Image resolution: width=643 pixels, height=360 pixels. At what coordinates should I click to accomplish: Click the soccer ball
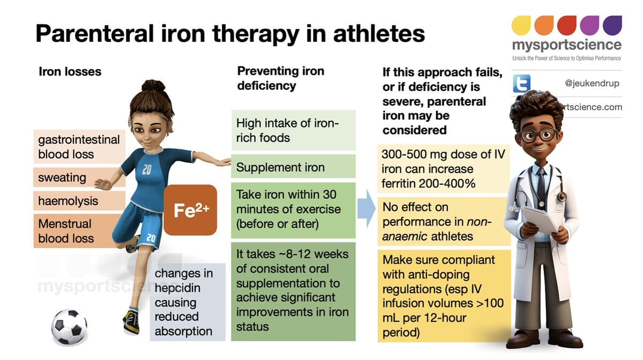click(69, 326)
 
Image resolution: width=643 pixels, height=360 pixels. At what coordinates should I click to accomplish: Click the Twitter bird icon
click(521, 84)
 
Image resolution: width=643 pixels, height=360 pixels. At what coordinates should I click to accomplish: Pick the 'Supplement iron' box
click(293, 167)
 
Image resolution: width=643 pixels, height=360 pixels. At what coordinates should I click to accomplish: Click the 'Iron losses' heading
click(70, 71)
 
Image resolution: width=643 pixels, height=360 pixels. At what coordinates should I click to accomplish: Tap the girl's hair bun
click(154, 86)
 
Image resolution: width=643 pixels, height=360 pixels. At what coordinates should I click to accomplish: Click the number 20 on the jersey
click(147, 170)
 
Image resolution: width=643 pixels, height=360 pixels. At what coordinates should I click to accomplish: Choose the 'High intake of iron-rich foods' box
click(293, 130)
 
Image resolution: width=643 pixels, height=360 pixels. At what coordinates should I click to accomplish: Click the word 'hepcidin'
click(177, 288)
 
